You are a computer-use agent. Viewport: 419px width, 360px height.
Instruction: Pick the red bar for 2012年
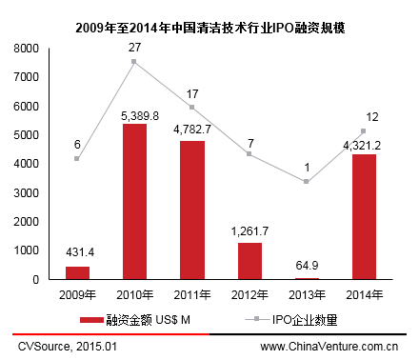tap(249, 261)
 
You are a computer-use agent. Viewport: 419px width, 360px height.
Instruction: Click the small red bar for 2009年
tap(77, 273)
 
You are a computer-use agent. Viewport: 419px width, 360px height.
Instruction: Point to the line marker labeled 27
tap(133, 62)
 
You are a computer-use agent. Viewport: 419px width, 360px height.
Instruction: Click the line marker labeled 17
tap(191, 107)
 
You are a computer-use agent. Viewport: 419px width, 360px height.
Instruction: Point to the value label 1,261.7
tap(249, 232)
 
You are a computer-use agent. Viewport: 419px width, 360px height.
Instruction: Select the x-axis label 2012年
tap(249, 293)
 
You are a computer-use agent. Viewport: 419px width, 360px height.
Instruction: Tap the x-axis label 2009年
tap(76, 293)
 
